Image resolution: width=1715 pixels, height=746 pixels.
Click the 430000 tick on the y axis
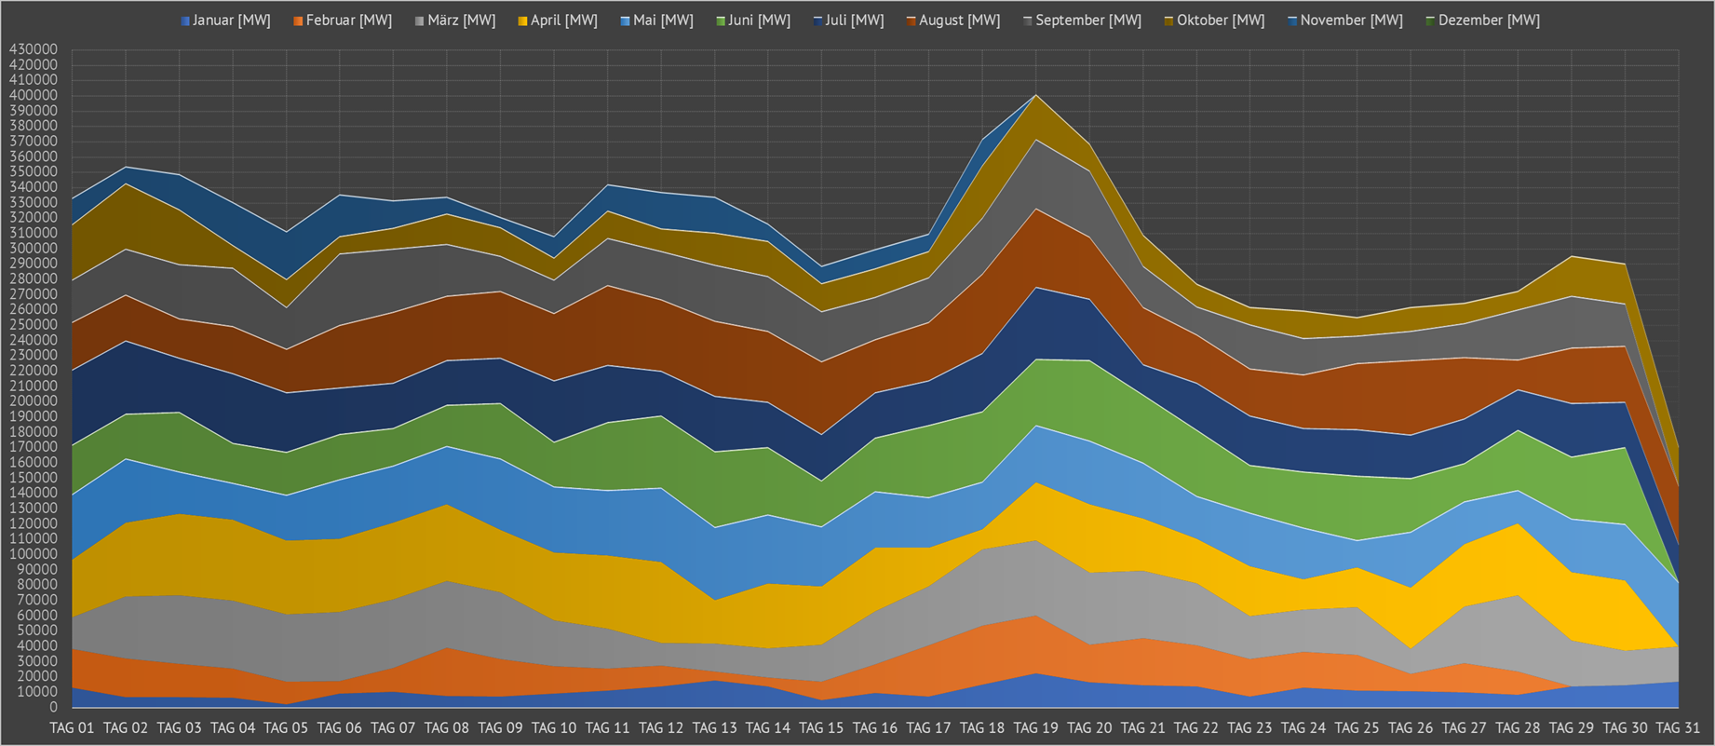point(34,49)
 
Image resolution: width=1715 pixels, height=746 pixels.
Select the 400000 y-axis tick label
point(34,95)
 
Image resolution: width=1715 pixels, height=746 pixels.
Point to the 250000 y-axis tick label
point(34,325)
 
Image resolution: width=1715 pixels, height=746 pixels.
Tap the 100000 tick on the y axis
point(34,554)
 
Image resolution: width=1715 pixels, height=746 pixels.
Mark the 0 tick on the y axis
point(53,708)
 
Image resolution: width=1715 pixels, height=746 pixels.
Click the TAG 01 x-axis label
point(72,727)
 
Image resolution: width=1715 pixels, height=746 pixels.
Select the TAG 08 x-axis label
point(447,727)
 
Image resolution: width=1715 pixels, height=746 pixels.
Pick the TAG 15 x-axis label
point(822,727)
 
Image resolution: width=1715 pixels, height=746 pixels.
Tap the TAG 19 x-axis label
point(1036,727)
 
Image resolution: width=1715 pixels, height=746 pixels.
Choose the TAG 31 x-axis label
point(1679,727)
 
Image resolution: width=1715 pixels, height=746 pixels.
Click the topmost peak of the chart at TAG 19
point(1036,95)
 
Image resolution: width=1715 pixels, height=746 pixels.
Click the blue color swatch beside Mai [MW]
point(626,20)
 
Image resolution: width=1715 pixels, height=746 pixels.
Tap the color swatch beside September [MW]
point(1028,20)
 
